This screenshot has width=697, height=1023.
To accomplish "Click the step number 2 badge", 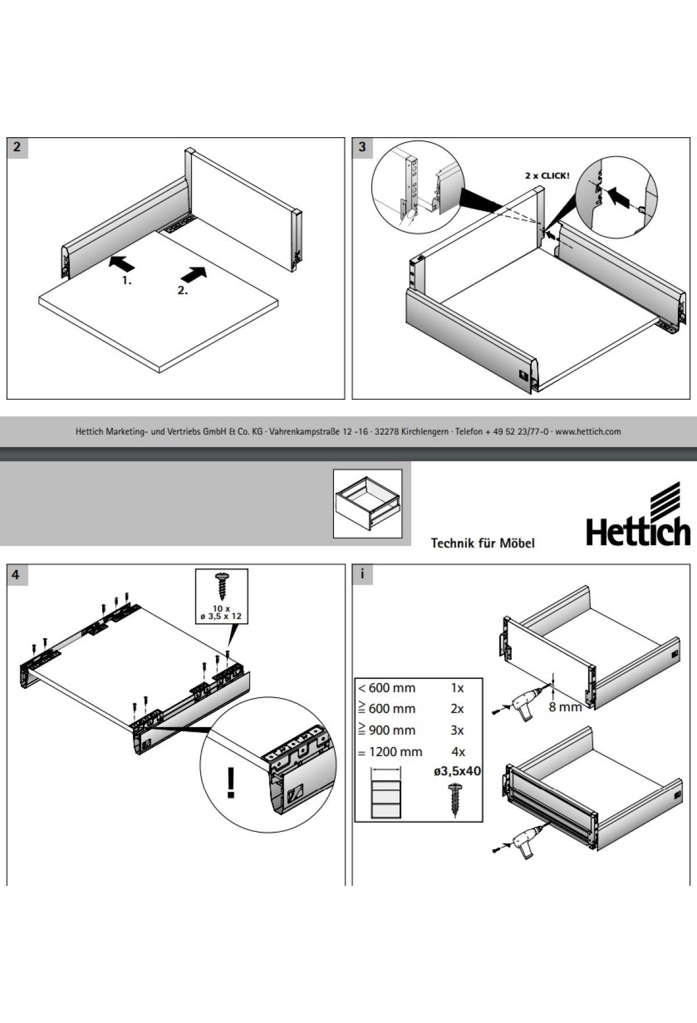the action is coord(17,147).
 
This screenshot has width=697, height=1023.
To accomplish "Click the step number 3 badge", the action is coord(362,147).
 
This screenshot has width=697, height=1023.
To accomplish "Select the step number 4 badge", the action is coord(16,574).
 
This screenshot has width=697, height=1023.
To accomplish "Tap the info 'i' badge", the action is coord(362,574).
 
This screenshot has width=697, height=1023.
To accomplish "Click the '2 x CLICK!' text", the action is coord(547,176).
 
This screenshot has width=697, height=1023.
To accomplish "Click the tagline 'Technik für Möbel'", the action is coord(482,543).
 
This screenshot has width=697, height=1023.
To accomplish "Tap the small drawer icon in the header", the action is coord(368,503).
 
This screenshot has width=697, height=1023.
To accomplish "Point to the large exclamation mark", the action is coord(231,782).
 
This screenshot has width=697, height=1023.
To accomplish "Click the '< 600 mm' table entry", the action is coord(387,688).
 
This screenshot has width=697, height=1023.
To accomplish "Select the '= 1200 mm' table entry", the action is coord(390,752).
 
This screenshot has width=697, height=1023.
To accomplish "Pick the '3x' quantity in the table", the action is coord(458,731).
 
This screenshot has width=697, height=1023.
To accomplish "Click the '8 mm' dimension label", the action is coord(565,707).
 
